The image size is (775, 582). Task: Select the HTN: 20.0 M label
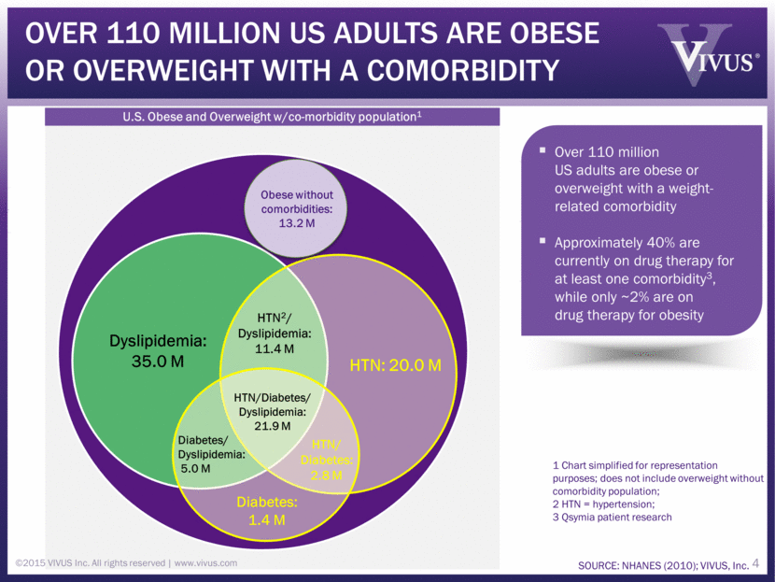(x=396, y=364)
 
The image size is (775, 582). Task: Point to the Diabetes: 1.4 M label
(x=266, y=511)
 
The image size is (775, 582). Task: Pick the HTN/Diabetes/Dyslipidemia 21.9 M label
(x=274, y=411)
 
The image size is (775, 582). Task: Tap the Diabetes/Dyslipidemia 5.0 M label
(x=211, y=454)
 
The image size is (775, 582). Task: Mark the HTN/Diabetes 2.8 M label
(x=327, y=460)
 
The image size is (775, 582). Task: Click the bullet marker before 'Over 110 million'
(x=543, y=150)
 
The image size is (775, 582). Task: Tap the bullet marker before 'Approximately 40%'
(x=543, y=242)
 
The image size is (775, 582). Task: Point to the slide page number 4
(x=756, y=563)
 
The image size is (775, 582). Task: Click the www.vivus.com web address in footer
(x=205, y=563)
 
